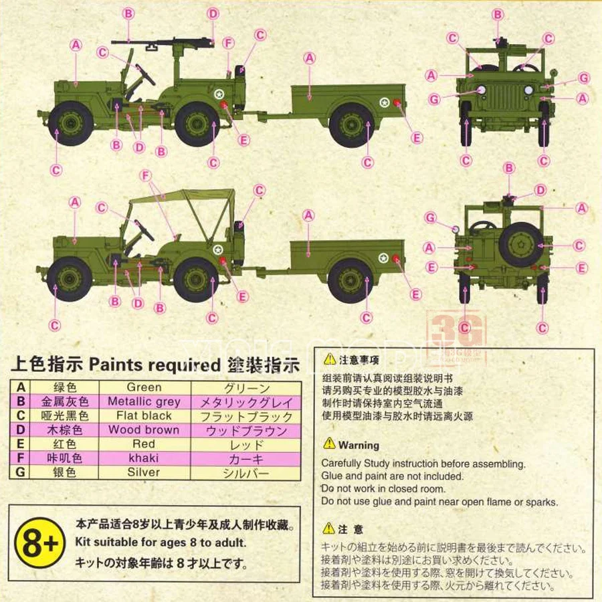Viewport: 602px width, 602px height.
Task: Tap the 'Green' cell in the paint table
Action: pos(144,387)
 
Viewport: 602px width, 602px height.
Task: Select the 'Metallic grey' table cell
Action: pos(144,402)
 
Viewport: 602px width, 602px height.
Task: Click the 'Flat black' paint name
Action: pos(144,416)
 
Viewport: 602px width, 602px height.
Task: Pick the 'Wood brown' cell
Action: pos(144,430)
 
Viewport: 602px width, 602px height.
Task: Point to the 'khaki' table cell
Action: pos(144,458)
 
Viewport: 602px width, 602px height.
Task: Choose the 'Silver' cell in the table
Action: pos(144,472)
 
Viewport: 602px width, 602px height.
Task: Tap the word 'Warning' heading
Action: pos(359,445)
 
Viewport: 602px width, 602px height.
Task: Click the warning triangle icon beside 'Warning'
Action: pos(329,443)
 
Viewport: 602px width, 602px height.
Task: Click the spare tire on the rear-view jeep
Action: pos(520,244)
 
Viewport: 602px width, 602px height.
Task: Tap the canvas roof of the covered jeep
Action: pos(184,198)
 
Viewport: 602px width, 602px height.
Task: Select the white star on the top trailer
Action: pos(384,103)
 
